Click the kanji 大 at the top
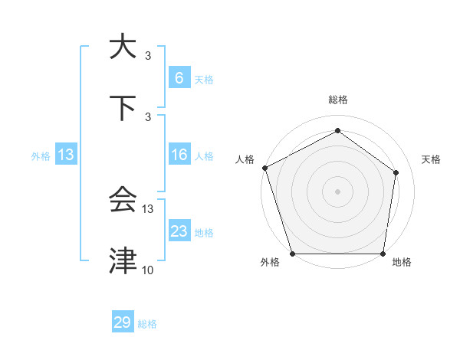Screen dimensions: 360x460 pyautogui.click(x=123, y=47)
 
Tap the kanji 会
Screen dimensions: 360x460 pyautogui.click(x=123, y=200)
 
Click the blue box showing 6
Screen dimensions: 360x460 pyautogui.click(x=179, y=77)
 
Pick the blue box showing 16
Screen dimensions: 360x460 pyautogui.click(x=179, y=155)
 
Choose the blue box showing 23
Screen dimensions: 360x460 pyautogui.click(x=179, y=231)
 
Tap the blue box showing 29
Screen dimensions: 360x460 pyautogui.click(x=123, y=322)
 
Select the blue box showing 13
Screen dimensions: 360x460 pyautogui.click(x=66, y=155)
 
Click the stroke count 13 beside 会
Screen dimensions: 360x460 pyautogui.click(x=147, y=209)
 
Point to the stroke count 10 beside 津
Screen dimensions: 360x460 pyautogui.click(x=147, y=270)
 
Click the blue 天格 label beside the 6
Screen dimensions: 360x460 pyautogui.click(x=204, y=79)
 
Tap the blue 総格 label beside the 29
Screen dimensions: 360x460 pyautogui.click(x=147, y=324)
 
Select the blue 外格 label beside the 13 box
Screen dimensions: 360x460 pyautogui.click(x=41, y=156)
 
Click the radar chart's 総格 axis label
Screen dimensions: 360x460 pyautogui.click(x=337, y=100)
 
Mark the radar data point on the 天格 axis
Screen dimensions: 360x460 pyautogui.click(x=396, y=172)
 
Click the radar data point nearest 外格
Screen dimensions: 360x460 pyautogui.click(x=292, y=254)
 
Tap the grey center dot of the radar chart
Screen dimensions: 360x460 pyautogui.click(x=337, y=191)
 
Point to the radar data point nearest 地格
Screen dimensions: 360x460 pyautogui.click(x=383, y=254)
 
